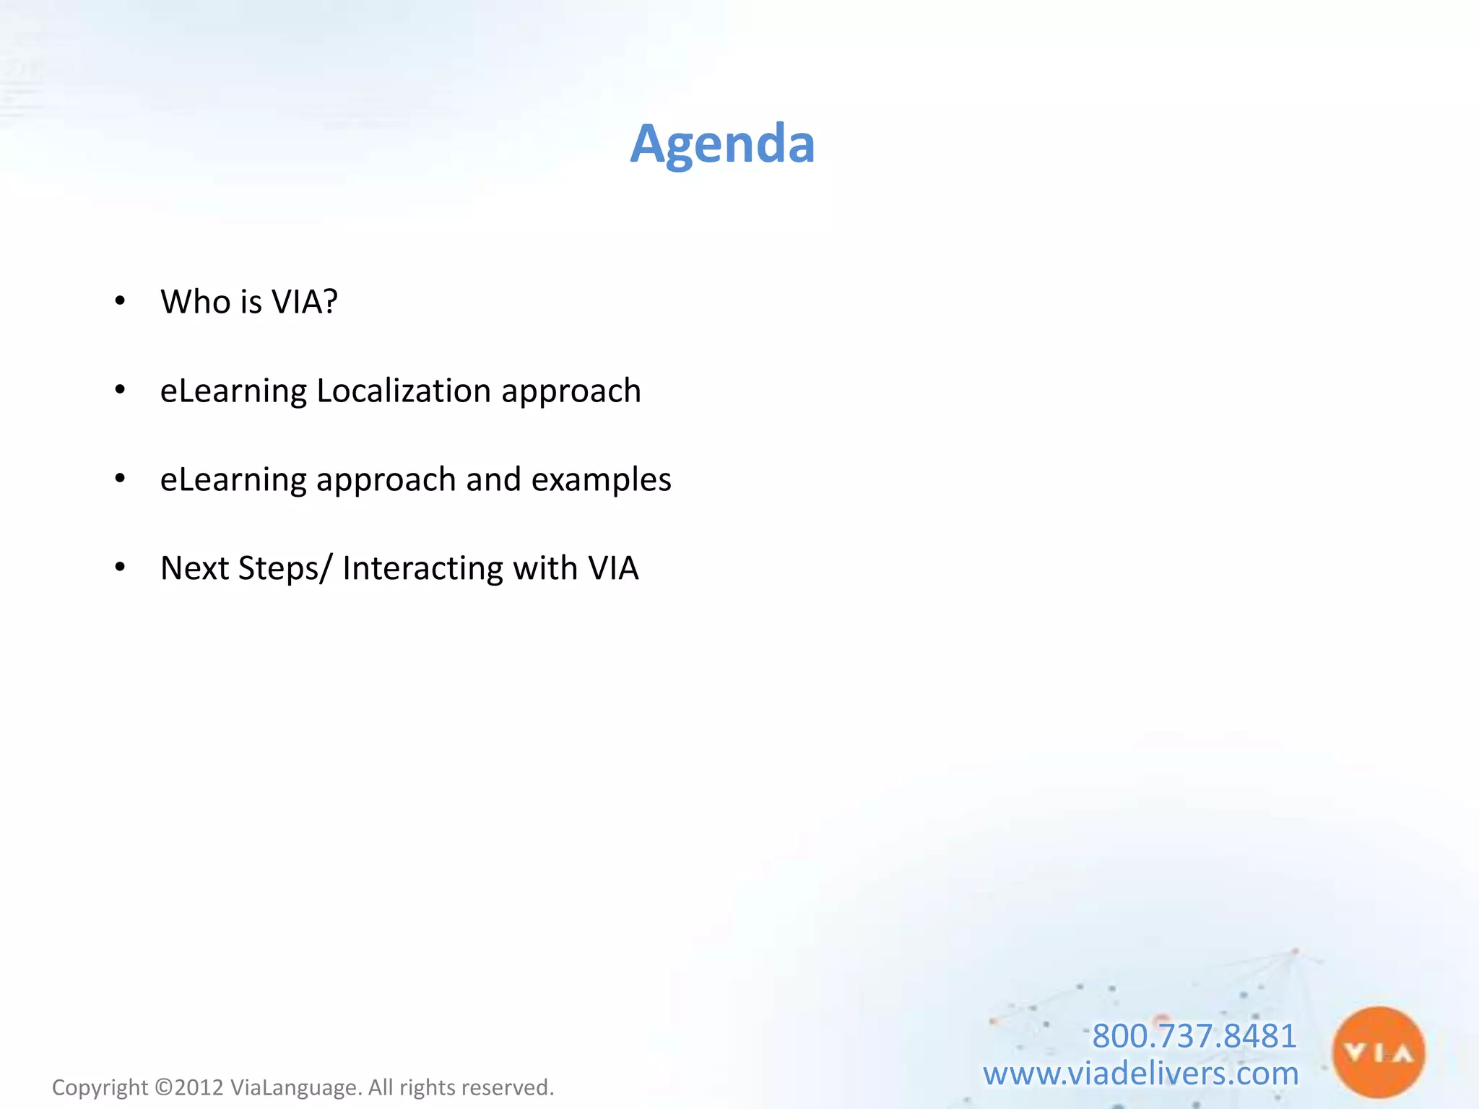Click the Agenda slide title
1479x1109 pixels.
[x=722, y=144]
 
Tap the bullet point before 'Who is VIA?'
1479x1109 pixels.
[x=120, y=300]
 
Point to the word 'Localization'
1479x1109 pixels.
[x=404, y=391]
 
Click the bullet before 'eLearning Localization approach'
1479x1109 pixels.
[x=120, y=390]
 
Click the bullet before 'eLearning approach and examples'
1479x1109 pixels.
[x=120, y=478]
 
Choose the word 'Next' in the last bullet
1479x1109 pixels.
[x=194, y=568]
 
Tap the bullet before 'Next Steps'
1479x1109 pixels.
[x=120, y=567]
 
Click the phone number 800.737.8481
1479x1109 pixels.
[x=1194, y=1036]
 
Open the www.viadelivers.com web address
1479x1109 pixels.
[x=1140, y=1074]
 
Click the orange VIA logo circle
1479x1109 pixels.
[x=1378, y=1053]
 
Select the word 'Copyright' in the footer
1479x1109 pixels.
[x=100, y=1088]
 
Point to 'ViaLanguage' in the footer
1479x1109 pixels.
[x=293, y=1088]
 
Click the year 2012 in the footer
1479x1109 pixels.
[x=199, y=1087]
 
